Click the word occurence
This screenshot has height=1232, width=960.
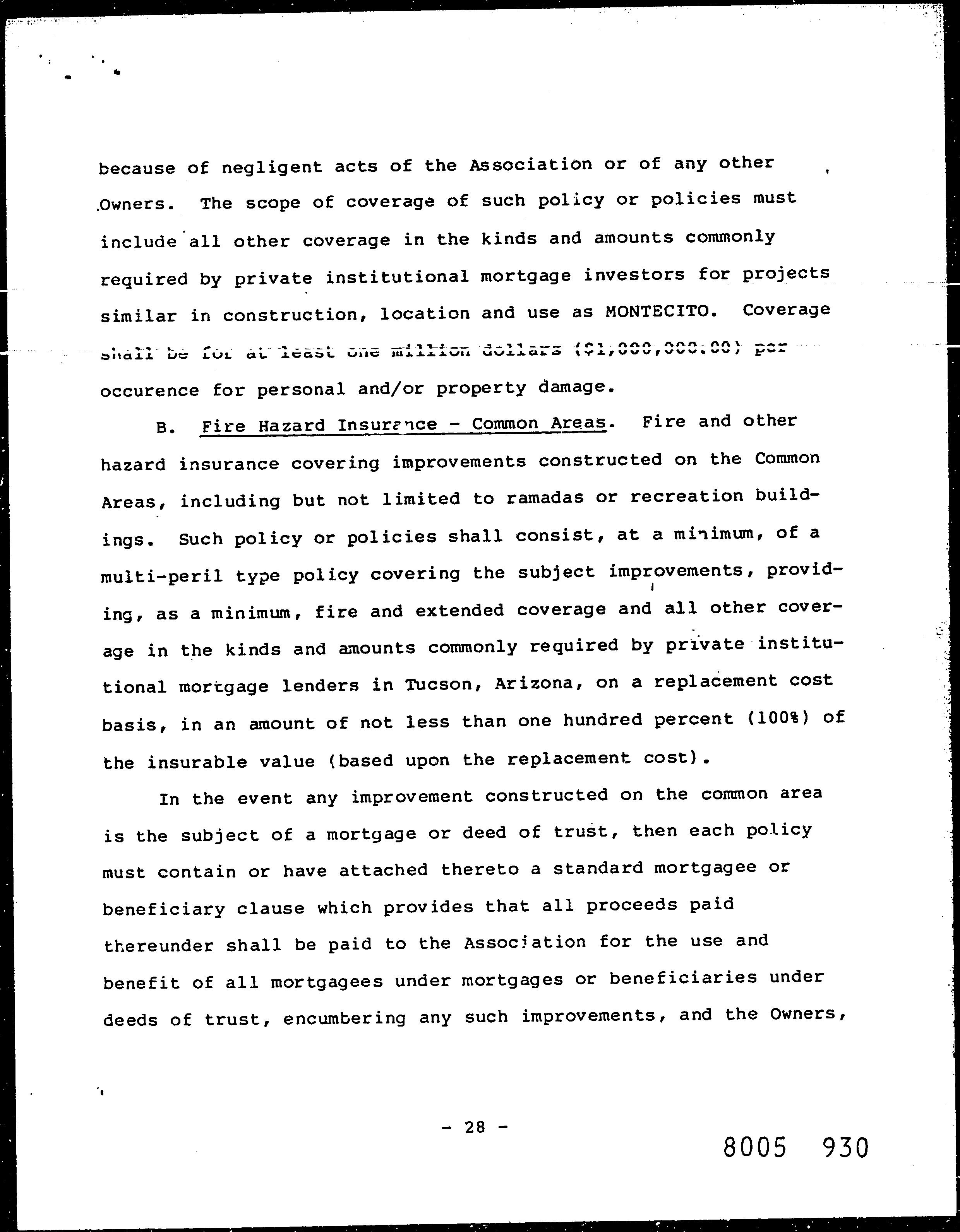pyautogui.click(x=149, y=390)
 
